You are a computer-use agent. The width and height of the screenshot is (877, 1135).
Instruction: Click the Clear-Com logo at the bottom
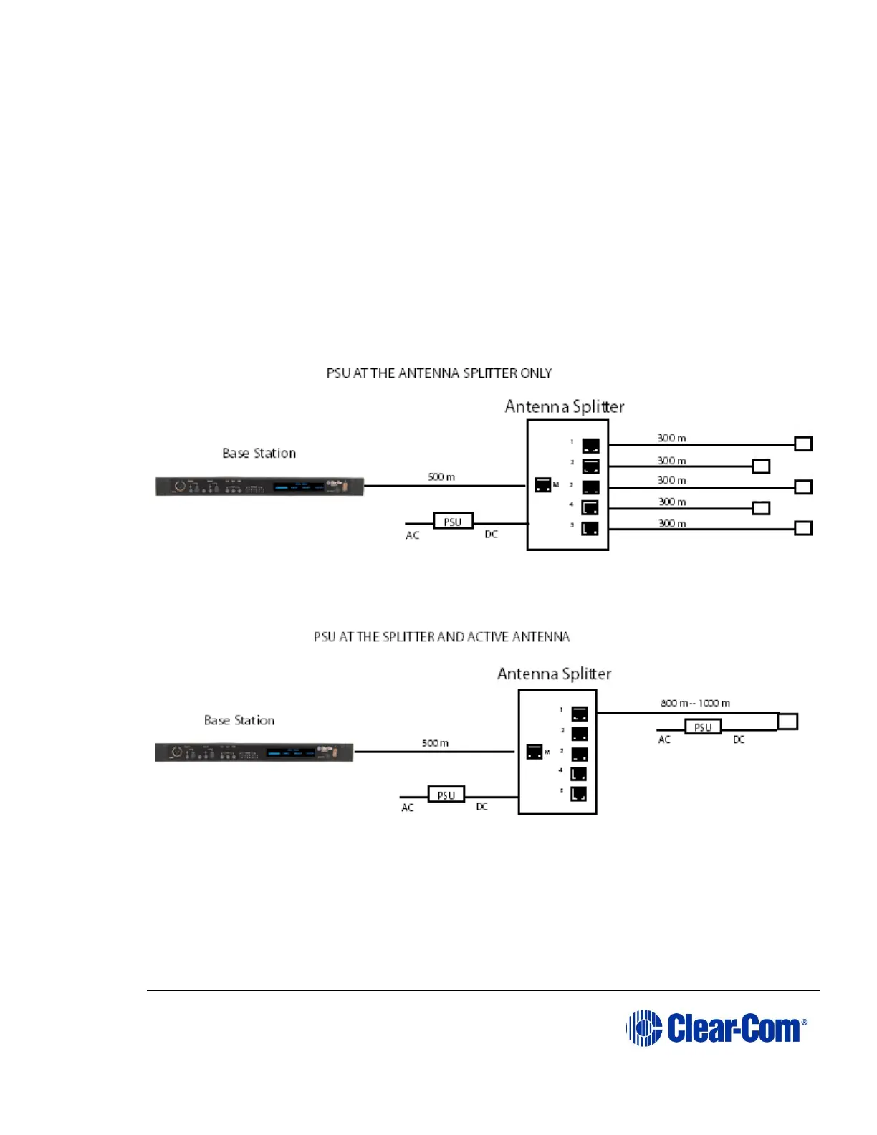717,1028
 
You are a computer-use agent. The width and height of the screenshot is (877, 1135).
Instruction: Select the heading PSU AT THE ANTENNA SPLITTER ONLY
439,373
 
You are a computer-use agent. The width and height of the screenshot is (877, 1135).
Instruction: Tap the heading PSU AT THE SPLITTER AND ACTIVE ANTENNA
441,637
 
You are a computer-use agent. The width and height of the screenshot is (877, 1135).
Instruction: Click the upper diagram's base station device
260,487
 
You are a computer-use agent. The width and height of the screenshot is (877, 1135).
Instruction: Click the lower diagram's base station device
254,752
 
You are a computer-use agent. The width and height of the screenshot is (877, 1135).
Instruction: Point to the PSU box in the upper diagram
453,521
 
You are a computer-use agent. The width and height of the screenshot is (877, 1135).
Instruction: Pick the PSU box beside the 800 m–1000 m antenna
703,727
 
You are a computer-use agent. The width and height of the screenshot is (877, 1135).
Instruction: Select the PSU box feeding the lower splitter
446,795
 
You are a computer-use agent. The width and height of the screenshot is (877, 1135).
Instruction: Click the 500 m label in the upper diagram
441,476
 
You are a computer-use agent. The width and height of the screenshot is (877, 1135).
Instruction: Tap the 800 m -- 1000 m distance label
695,703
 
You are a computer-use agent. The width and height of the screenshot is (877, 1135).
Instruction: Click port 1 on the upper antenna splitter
590,446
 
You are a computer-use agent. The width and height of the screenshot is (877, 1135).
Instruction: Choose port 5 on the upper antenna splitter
590,528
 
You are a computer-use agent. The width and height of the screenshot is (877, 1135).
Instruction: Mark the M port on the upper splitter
543,484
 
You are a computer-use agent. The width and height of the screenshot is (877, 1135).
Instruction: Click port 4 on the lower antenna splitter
579,774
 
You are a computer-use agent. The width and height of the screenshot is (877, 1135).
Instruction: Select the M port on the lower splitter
535,752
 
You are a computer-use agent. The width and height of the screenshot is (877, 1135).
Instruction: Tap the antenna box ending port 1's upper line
803,444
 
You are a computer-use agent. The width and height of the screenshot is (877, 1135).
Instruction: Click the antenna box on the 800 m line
787,721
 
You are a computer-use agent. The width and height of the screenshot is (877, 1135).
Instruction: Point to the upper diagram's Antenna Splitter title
565,406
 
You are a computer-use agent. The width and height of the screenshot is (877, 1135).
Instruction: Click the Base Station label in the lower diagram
239,720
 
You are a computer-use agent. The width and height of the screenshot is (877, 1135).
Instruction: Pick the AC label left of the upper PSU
413,535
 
